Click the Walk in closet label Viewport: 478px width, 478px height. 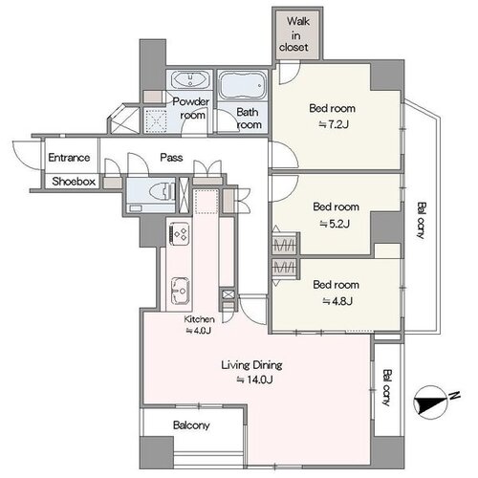(293, 34)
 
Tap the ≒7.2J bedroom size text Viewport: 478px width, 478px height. (334, 124)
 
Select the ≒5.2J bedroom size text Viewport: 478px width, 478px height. (335, 224)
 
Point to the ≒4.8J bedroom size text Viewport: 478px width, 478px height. (337, 301)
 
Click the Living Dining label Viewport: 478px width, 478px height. (251, 365)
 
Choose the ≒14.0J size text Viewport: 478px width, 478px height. (254, 380)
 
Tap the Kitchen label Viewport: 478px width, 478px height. (199, 319)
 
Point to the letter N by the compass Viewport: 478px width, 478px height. (454, 395)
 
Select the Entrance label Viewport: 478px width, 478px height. (69, 158)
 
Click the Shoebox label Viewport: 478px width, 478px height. (74, 182)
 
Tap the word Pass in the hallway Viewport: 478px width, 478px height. (171, 158)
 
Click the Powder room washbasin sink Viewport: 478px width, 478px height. (190, 79)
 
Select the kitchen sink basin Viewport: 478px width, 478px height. (180, 292)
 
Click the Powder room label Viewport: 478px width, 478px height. (190, 108)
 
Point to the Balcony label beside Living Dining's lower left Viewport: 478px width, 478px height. (191, 425)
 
